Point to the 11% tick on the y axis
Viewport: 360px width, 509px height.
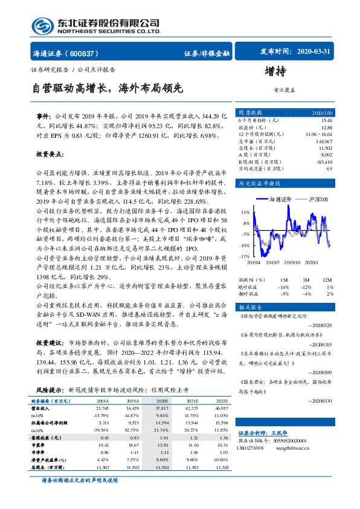[x=245, y=213]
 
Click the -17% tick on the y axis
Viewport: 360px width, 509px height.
[x=244, y=257]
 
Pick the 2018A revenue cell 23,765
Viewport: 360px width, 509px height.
[x=101, y=407]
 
